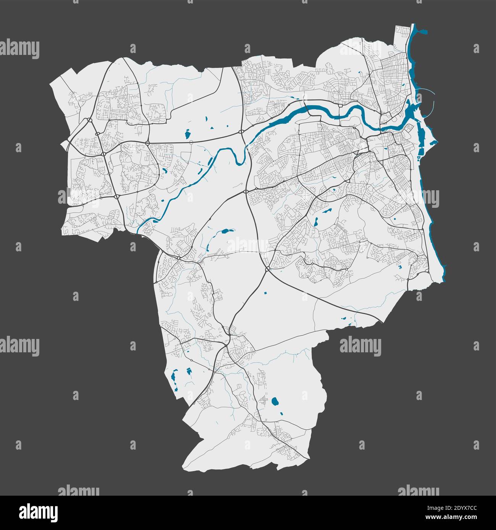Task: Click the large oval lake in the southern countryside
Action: (x=274, y=401)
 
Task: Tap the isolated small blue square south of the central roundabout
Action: (x=266, y=293)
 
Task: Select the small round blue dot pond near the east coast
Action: (x=395, y=218)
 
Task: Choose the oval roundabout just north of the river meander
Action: (x=242, y=132)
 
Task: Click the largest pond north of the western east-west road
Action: (x=187, y=134)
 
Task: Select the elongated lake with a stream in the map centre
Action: (x=224, y=231)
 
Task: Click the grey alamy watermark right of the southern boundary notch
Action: (x=360, y=346)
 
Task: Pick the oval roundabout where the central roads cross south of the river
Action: (x=246, y=192)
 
